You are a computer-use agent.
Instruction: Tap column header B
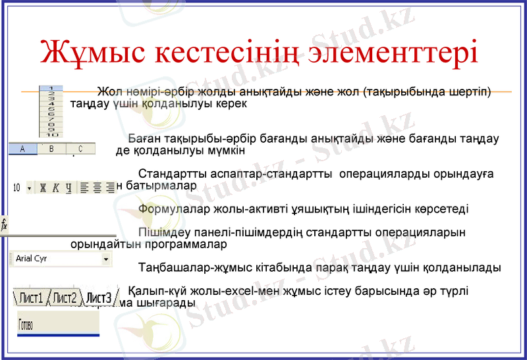[51, 149]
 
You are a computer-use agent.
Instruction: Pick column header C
[80, 149]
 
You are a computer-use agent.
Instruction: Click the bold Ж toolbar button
[43, 188]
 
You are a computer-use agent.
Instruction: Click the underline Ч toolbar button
[69, 188]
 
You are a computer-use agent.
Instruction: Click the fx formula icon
[4, 225]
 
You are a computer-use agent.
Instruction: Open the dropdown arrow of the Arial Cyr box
[106, 260]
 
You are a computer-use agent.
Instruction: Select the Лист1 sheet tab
[30, 298]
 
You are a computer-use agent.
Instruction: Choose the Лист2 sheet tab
[65, 298]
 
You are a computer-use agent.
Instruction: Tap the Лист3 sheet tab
[99, 298]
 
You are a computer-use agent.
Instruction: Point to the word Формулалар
[169, 209]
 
